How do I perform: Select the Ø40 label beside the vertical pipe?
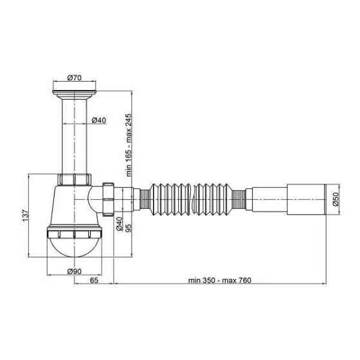(99, 120)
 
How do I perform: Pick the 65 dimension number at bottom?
(94, 281)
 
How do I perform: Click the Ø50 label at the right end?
(336, 200)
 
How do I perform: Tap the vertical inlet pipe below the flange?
(75, 135)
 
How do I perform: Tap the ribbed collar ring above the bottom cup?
(75, 230)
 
